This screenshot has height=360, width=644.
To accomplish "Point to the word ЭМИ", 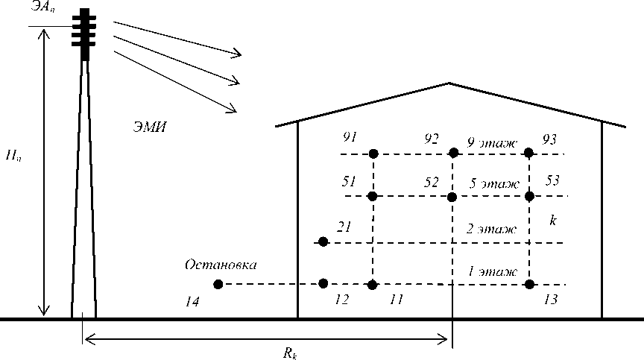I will [150, 127].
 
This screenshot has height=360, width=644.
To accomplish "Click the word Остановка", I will [221, 265].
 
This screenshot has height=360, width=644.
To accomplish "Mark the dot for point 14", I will [218, 284].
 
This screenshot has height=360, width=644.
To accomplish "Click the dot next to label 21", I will [323, 241].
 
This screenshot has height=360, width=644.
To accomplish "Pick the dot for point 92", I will [452, 153].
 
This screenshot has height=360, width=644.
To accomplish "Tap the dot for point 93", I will [528, 153].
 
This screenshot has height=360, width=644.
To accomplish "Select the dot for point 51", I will [373, 196].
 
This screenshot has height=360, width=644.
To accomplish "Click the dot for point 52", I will [452, 197].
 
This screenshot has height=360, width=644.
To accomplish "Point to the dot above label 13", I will [529, 284].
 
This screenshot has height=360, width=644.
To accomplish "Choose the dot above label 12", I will [323, 283].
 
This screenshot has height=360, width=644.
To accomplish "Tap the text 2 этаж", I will [491, 229].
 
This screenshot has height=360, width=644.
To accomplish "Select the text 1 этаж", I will [492, 271].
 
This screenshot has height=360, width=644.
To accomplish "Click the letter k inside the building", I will [552, 221].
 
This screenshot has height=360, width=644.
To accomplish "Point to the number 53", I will [552, 180].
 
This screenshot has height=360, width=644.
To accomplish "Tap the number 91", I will [350, 138].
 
